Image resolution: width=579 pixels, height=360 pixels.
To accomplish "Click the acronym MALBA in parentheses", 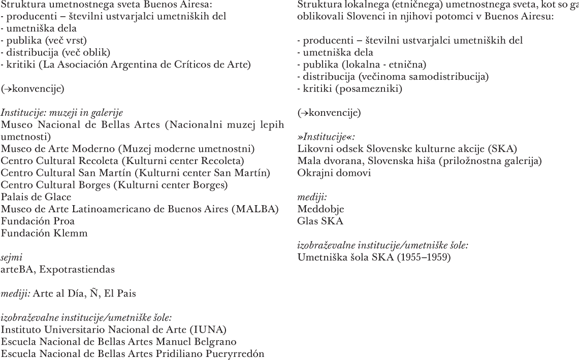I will (x=260, y=209).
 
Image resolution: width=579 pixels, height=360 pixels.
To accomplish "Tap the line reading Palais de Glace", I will (x=36, y=197).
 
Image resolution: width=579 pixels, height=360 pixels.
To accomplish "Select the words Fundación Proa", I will (x=38, y=221).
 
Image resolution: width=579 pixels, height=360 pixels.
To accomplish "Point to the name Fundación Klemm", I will (x=44, y=233).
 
